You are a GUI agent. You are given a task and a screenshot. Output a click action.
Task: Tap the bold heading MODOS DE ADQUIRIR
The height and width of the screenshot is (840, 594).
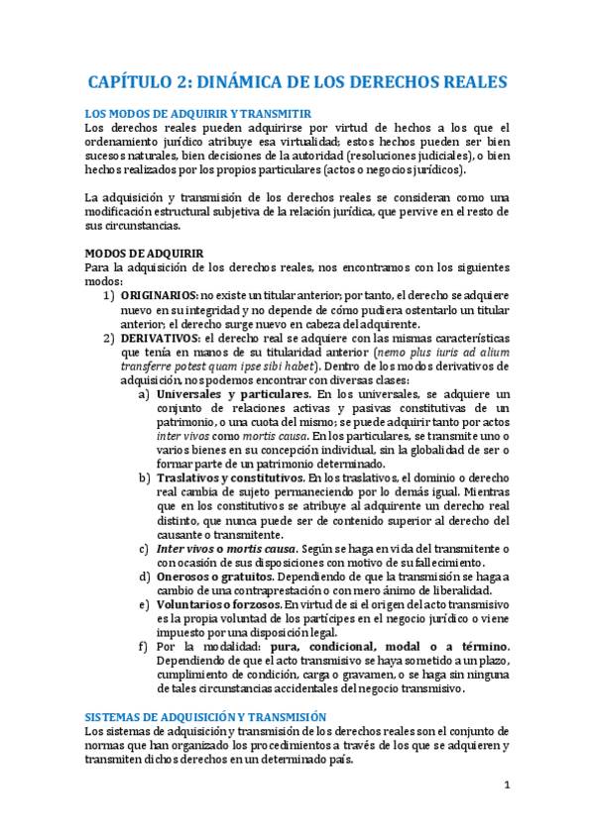click(145, 253)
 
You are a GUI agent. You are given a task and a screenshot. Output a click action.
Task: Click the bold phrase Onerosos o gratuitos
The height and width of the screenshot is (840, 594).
click(211, 576)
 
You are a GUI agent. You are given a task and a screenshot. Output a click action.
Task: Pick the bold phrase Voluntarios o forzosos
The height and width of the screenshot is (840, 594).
click(216, 603)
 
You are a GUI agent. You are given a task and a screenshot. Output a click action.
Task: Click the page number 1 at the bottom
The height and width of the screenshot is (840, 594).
click(506, 787)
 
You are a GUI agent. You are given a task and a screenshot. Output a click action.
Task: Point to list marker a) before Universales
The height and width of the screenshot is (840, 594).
click(145, 393)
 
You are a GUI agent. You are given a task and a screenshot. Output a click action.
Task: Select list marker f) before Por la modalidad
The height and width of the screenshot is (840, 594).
click(145, 646)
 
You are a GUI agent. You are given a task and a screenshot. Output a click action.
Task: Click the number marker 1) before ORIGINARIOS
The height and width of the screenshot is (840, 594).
click(110, 294)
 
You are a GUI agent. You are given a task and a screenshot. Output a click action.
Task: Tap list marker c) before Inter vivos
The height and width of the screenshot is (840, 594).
click(145, 548)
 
